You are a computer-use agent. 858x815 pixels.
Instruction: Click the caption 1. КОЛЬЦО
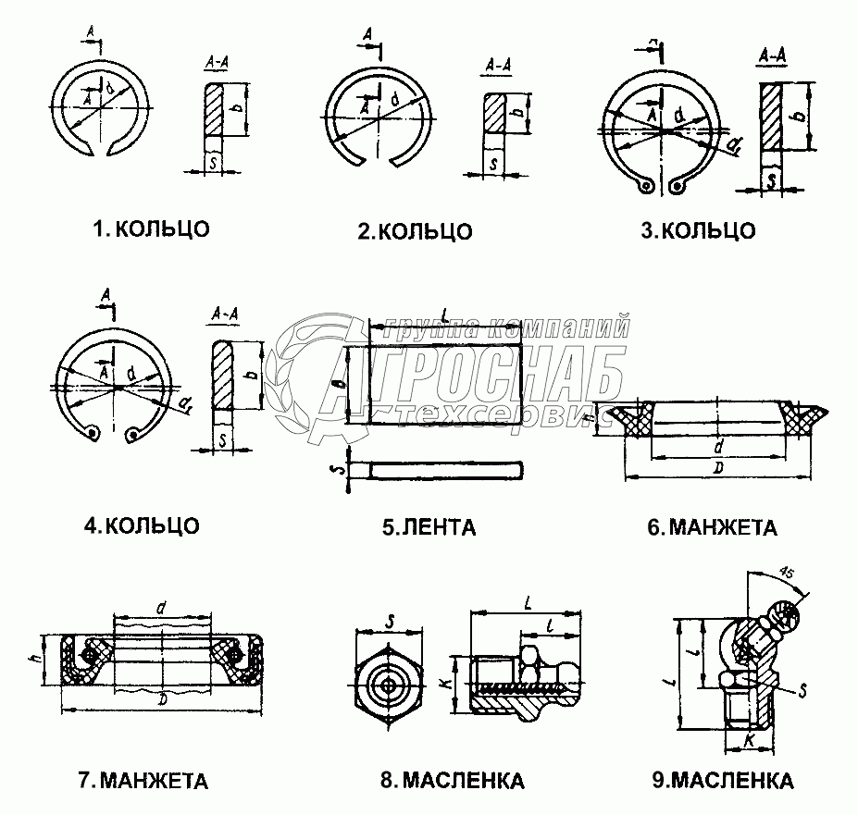[x=151, y=228]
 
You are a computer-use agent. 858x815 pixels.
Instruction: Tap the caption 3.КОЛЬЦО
[x=698, y=230]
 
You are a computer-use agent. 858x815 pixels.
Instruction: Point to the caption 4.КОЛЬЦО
[x=141, y=525]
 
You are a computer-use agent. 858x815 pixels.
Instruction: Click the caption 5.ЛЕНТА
[x=429, y=528]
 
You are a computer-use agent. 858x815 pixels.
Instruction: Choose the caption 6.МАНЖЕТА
[x=712, y=528]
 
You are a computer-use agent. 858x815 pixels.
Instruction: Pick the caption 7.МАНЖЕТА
[x=143, y=780]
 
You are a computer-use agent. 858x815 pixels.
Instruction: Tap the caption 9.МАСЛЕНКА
[x=722, y=780]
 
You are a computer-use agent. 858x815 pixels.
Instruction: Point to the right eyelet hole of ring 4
[x=136, y=433]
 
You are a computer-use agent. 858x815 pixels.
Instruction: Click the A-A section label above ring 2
[x=499, y=67]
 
